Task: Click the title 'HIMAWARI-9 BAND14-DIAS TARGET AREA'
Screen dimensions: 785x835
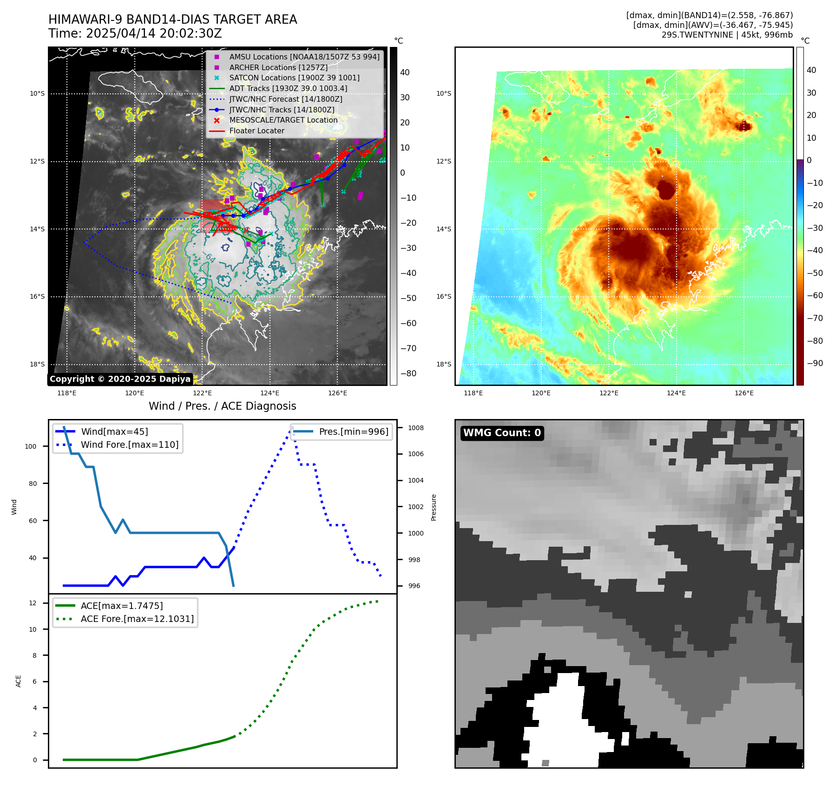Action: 172,20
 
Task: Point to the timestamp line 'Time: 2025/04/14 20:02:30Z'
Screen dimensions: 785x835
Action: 135,33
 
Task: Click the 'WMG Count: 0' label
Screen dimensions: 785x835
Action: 502,433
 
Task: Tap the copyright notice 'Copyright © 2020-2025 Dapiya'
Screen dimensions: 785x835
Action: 120,379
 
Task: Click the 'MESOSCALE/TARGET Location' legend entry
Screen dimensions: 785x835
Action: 283,120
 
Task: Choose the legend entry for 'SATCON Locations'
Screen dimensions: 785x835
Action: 294,78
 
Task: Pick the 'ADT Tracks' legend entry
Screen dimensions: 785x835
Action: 288,89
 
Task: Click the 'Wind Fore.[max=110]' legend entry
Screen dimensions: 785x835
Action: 129,445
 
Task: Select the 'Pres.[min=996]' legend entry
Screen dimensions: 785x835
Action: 353,432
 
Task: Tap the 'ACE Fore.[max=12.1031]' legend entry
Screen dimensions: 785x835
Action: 137,619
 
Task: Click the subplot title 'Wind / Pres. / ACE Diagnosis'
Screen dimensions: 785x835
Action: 222,406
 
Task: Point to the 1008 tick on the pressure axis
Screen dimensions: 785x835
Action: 415,428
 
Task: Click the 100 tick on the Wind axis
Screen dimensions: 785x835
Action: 30,446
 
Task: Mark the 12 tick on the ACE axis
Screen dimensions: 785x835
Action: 33,603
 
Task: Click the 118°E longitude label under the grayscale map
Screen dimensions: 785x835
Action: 67,393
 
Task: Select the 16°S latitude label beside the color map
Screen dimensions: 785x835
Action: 443,296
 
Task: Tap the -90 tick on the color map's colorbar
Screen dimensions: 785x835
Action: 815,363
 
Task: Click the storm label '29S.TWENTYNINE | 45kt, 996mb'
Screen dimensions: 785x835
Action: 727,35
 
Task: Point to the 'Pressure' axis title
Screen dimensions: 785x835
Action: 434,507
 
